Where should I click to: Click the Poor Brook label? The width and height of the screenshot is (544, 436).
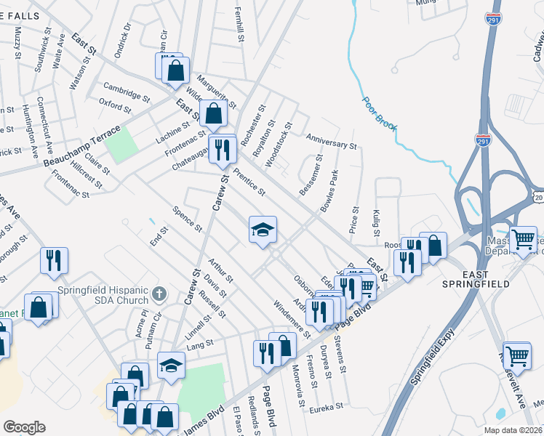380,115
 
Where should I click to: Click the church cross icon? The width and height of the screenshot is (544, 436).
160,294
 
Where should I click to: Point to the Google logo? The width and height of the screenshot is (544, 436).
24,427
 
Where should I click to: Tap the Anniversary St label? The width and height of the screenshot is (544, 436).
331,140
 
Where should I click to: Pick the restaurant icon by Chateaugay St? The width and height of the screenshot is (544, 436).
222,150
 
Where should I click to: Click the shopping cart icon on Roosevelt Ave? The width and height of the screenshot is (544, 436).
517,355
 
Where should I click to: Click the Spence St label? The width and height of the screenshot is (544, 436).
188,219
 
